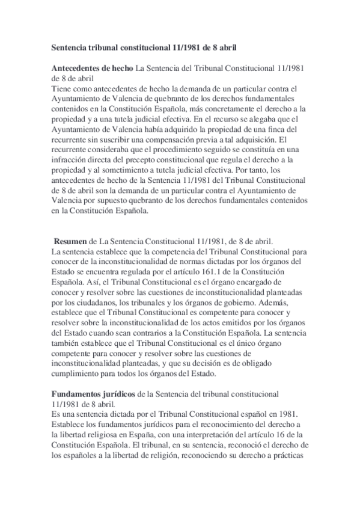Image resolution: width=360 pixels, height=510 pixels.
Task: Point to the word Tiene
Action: [61, 88]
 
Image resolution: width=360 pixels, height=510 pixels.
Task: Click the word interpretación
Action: [187, 432]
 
